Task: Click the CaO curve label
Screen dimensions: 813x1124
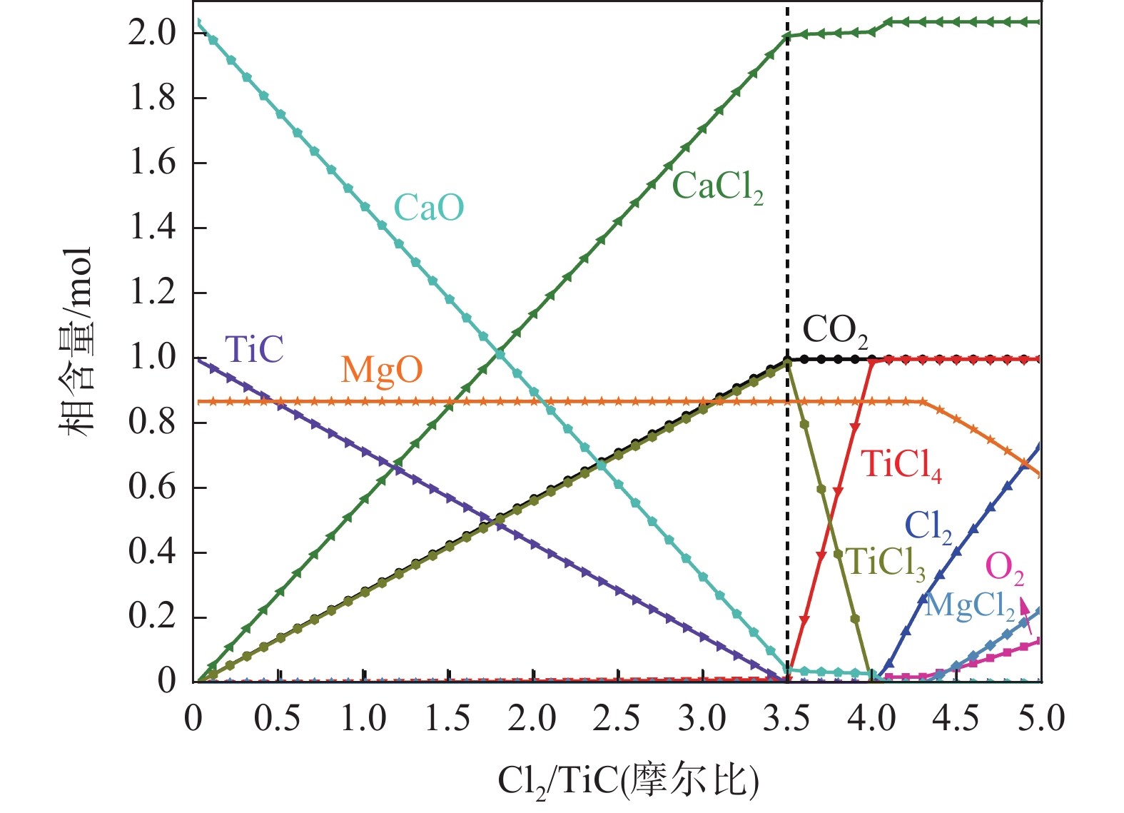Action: pyautogui.click(x=429, y=208)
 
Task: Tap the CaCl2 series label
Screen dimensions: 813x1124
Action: pyautogui.click(x=717, y=187)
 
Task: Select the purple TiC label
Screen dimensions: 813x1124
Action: pyautogui.click(x=254, y=350)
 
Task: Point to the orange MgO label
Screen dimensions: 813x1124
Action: pyautogui.click(x=382, y=370)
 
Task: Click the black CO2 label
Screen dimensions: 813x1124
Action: pyautogui.click(x=835, y=330)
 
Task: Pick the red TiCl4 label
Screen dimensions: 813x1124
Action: pyautogui.click(x=901, y=465)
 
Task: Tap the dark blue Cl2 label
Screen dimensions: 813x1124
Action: pyautogui.click(x=928, y=527)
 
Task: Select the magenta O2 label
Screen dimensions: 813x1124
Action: pyautogui.click(x=1004, y=568)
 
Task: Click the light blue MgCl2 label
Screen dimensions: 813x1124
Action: pyautogui.click(x=969, y=606)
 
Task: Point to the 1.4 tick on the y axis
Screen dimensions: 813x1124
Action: pyautogui.click(x=152, y=228)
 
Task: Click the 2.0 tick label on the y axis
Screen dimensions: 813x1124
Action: pyautogui.click(x=152, y=33)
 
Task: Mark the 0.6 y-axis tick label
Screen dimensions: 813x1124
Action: pyautogui.click(x=152, y=488)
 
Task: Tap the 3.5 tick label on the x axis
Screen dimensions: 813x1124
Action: pyautogui.click(x=786, y=718)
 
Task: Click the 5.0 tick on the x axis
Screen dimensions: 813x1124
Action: pyautogui.click(x=1041, y=718)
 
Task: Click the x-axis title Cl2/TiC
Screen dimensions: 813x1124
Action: pyautogui.click(x=628, y=780)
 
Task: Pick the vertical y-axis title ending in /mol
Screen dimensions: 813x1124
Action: pyautogui.click(x=77, y=343)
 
